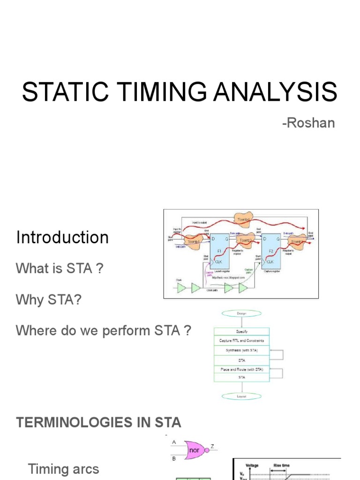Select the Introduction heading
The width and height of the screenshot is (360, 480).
[x=62, y=238]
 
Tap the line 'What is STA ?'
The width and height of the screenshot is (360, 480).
[x=59, y=269]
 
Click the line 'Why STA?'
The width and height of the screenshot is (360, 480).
[x=49, y=300]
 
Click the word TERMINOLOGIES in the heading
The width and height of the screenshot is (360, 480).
[x=68, y=422]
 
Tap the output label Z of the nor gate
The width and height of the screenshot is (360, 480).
[x=212, y=447]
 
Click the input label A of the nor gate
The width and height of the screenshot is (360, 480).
[x=174, y=442]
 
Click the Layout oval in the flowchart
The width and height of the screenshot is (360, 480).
[x=241, y=397]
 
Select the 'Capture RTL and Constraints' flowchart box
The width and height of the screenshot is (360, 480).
[x=241, y=341]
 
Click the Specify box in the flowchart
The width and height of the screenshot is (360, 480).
[x=241, y=332]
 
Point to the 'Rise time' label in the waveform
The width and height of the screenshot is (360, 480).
[x=282, y=465]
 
